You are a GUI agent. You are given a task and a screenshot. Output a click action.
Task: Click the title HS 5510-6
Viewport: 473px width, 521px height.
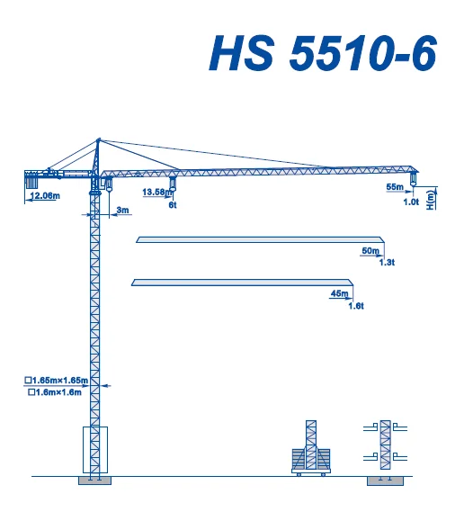pos(323,54)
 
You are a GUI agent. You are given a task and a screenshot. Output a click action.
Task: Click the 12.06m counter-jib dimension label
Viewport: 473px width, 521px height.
pos(44,195)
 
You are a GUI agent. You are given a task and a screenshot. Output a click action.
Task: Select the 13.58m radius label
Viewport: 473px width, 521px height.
pos(156,192)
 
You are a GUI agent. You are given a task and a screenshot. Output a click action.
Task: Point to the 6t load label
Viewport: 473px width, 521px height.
pos(174,205)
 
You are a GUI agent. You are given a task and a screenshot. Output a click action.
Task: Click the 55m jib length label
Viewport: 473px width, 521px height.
pos(395,187)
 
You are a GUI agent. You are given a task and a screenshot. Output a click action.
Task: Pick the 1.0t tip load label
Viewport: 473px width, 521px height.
pos(411,202)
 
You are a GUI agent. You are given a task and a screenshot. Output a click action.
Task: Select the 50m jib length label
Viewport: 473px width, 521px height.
pos(370,250)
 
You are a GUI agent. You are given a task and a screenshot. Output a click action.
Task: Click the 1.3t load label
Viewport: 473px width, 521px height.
pos(388,262)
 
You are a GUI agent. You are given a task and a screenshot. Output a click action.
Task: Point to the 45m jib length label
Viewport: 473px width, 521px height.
pos(340,294)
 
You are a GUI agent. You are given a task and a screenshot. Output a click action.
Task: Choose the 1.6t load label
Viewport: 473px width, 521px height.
pos(355,306)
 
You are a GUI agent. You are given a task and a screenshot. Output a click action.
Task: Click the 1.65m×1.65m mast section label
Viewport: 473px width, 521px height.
pos(62,382)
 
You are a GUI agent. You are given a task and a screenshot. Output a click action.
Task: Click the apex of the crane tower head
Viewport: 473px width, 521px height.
pos(98,139)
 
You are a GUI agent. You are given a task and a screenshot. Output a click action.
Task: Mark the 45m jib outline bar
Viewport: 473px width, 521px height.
pos(243,283)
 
